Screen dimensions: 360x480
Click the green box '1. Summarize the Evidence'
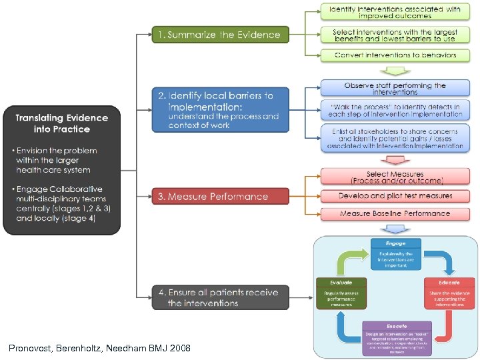(220, 35)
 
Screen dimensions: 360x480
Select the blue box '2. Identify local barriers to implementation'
(220, 109)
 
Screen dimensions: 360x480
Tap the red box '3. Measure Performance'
(220, 196)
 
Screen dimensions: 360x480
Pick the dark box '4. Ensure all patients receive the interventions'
(220, 297)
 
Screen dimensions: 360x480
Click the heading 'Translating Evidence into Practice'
(62, 123)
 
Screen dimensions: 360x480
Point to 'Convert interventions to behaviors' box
(395, 55)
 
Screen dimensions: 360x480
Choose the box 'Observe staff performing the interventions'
(395, 89)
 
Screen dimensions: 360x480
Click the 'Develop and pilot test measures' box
(395, 196)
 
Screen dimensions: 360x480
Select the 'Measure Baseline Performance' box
(395, 213)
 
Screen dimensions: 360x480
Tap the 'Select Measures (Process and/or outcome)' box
(395, 177)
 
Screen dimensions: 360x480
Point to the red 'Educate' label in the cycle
(449, 283)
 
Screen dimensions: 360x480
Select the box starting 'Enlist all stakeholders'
(395, 137)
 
